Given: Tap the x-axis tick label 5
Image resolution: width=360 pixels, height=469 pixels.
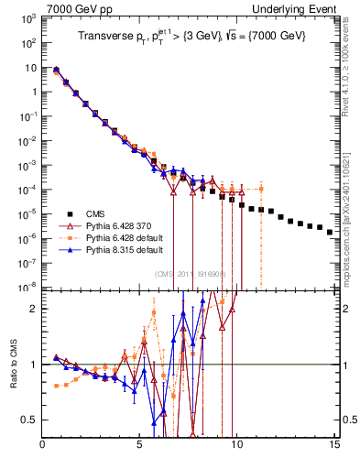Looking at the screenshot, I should click(139, 446).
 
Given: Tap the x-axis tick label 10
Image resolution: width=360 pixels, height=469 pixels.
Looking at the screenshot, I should click(236, 446).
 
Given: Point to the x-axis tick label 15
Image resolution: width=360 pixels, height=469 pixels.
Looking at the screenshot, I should click(333, 446).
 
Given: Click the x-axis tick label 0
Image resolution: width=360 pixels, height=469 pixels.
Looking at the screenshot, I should click(43, 446).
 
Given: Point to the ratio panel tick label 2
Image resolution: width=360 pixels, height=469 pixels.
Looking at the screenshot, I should click(34, 309).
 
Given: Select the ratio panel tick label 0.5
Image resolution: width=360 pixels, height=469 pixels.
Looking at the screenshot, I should click(30, 420).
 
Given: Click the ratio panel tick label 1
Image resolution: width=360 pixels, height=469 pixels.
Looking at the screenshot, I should click(34, 365).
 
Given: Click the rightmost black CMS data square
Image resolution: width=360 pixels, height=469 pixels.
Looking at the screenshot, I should click(330, 233).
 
